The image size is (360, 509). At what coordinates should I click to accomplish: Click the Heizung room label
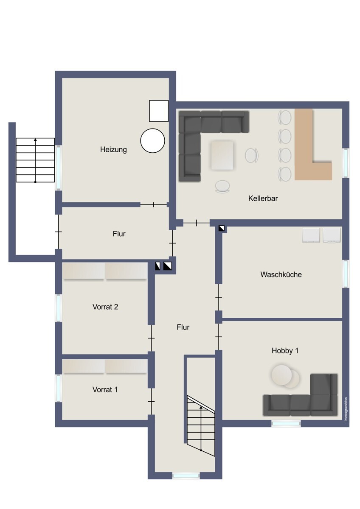pos(113,149)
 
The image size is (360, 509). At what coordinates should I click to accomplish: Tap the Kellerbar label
pos(263,198)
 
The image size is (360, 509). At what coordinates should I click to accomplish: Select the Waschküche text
pos(281,274)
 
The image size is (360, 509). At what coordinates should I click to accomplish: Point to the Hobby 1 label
pos(285,351)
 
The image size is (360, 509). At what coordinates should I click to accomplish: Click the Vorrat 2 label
pos(105,307)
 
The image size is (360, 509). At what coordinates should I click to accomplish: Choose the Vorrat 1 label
pos(105,389)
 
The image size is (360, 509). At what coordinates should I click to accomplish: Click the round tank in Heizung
pos(152,140)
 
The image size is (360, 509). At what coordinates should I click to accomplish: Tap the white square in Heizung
pos(159,111)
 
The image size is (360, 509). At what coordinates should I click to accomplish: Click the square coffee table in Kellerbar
pos(222,154)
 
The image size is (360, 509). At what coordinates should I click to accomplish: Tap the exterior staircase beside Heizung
pos(35,160)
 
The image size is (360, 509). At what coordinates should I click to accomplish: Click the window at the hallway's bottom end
pos(186,476)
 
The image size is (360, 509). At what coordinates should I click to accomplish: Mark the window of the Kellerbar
pos(346,163)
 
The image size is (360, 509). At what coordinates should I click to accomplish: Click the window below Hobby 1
pos(286,423)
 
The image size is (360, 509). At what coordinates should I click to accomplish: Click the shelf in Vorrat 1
pos(104,366)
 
